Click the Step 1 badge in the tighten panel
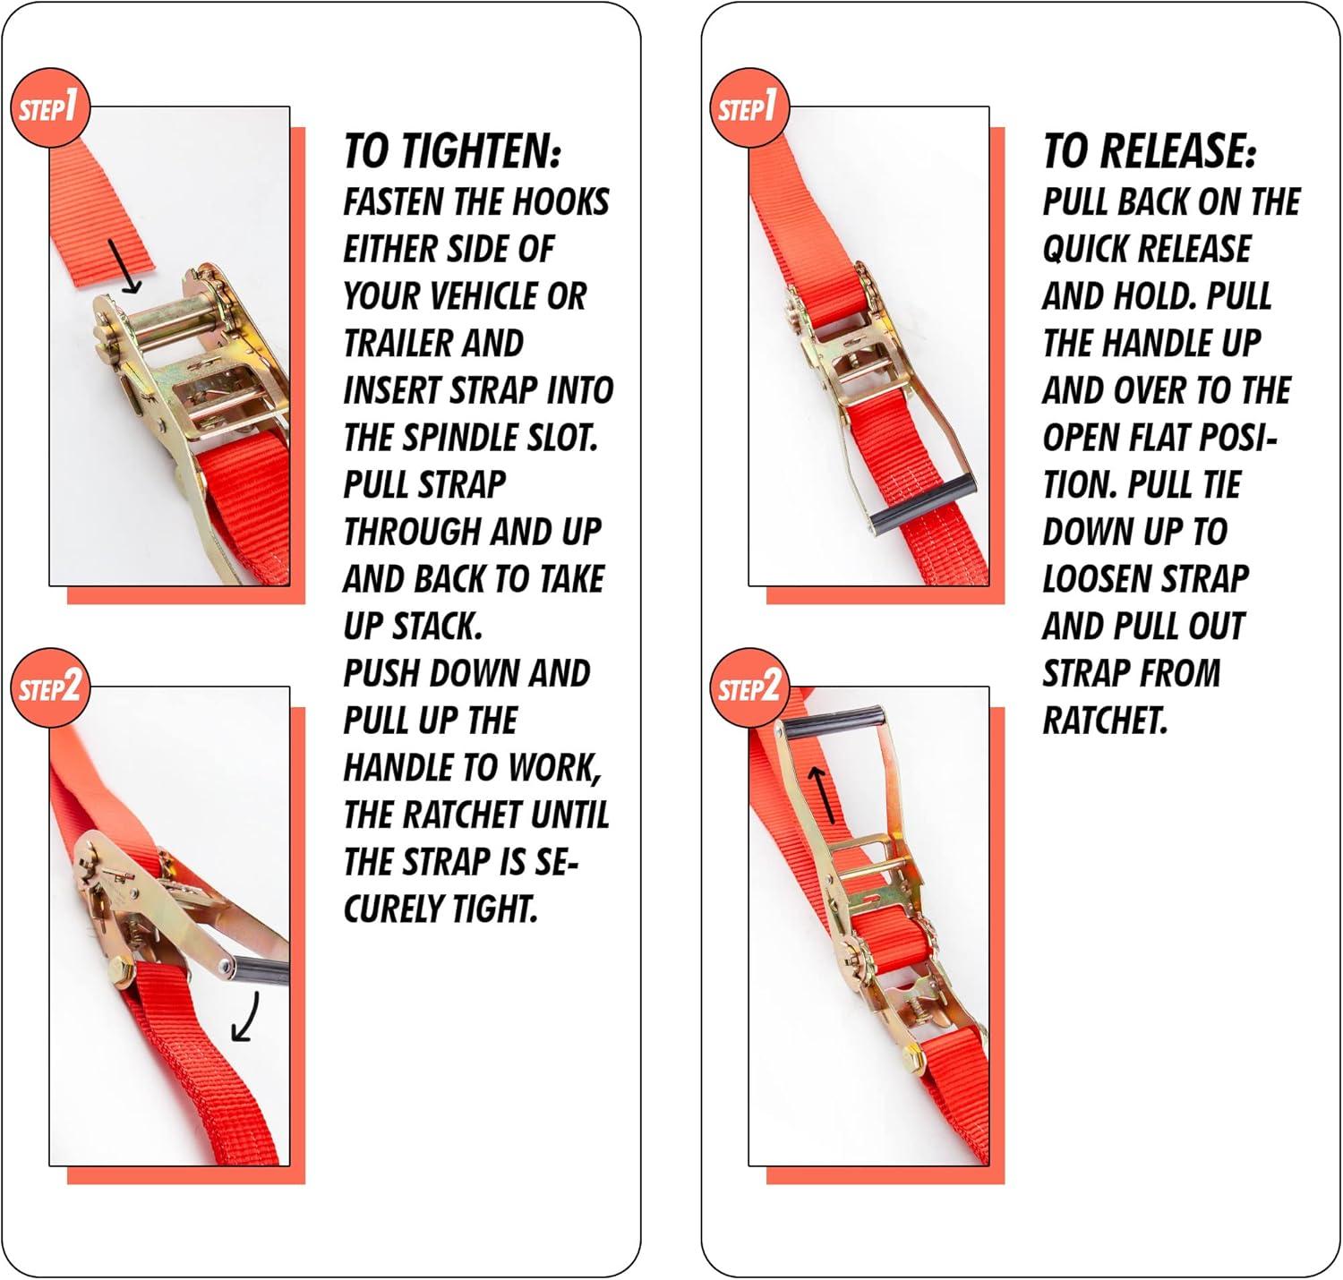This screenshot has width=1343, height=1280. point(50,108)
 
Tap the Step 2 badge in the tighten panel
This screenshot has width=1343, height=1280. point(50,687)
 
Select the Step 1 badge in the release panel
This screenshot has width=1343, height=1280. point(750,108)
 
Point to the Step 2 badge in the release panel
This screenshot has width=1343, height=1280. point(750,687)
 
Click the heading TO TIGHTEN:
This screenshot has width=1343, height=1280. point(452,151)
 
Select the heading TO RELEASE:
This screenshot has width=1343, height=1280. point(1150,151)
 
